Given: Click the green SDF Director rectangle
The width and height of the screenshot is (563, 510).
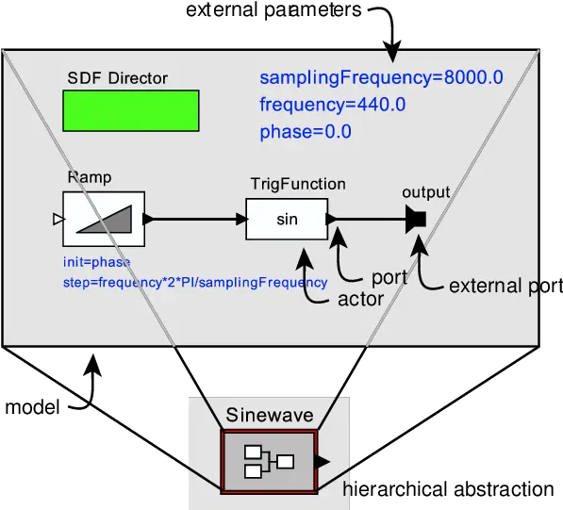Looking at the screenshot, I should point(131,110).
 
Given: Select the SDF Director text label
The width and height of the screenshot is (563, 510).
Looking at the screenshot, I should point(117,77).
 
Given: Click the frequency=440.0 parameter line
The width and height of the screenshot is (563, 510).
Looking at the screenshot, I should point(332,105).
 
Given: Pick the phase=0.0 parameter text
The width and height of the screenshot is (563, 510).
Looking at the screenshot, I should point(305,132).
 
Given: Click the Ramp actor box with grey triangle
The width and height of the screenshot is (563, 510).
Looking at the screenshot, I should point(104,219).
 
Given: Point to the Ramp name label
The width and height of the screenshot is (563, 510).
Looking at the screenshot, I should point(89,177).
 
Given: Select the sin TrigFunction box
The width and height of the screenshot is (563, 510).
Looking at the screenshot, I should point(287,220).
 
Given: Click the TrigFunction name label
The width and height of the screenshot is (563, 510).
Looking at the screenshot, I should point(297,184).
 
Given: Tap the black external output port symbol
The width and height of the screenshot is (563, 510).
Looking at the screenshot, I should point(416,220).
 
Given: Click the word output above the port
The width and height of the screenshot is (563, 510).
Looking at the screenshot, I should point(425,193).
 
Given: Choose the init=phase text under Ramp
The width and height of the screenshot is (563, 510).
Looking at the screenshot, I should point(96,262).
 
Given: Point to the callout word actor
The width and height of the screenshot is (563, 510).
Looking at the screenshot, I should point(360,300).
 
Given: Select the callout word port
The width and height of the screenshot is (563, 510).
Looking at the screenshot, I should point(389,278).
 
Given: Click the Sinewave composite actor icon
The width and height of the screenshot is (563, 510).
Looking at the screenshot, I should point(269,461).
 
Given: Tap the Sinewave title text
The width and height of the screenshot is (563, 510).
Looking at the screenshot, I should point(270,416).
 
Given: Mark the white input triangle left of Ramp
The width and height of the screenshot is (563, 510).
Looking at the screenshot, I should point(58,220).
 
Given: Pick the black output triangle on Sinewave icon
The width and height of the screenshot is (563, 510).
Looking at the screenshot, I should point(323,461).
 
